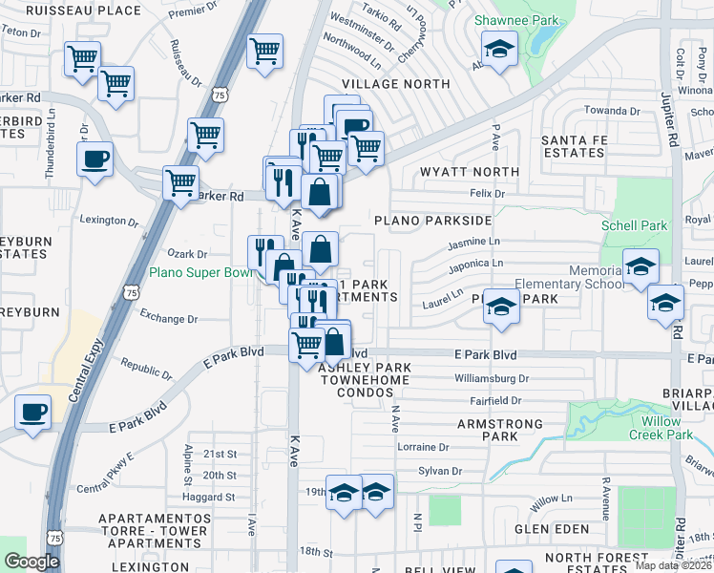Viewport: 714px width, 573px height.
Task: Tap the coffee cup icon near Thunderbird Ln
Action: point(94,159)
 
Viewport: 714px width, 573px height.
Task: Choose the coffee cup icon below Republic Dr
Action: point(33,412)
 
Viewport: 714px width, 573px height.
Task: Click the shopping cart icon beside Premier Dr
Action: point(264,50)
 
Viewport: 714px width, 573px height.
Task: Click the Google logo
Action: point(31,562)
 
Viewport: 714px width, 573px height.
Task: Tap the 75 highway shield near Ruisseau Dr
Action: point(220,95)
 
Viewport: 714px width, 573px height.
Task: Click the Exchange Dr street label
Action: point(168,319)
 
